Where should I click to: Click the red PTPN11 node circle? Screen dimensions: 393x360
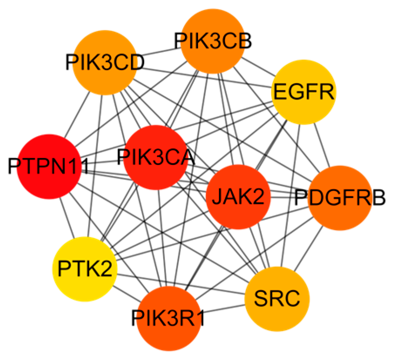(x=49, y=167)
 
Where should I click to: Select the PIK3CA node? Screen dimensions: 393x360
(x=155, y=157)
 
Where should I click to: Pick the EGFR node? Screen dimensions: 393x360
(x=303, y=92)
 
